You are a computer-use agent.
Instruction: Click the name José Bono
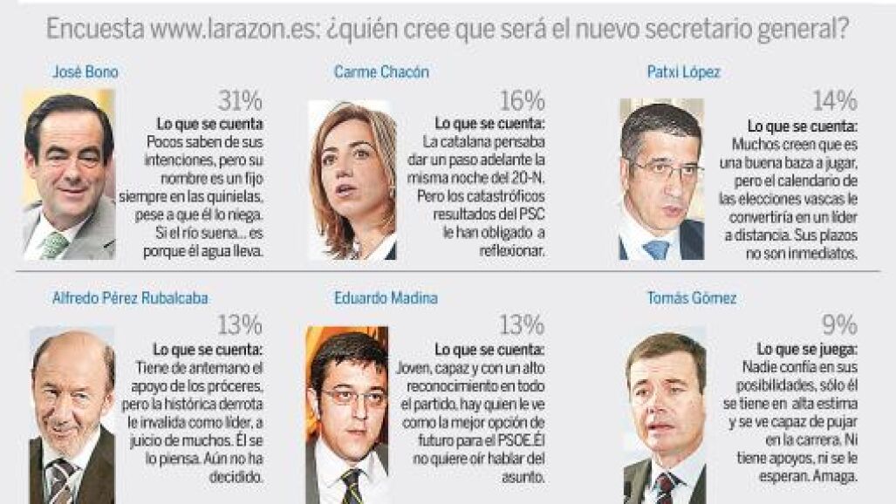click(x=85, y=72)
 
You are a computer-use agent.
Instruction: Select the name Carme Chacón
click(x=381, y=72)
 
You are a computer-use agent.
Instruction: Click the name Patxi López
click(x=683, y=72)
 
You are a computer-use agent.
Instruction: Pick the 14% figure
click(x=835, y=101)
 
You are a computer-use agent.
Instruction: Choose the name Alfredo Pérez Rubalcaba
click(x=130, y=298)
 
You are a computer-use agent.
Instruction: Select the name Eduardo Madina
click(x=386, y=298)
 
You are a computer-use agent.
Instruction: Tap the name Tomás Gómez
click(x=692, y=298)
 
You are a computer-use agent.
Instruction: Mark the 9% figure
click(x=839, y=325)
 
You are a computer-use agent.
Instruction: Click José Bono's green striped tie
click(x=55, y=245)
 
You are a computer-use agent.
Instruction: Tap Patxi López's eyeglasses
click(x=666, y=170)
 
